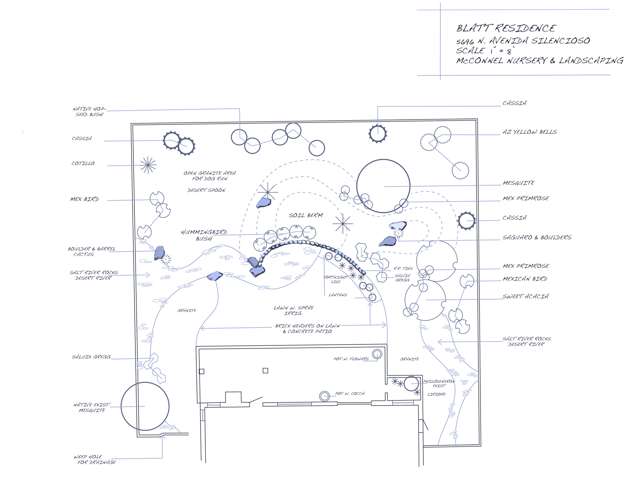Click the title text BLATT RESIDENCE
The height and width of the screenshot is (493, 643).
[506, 28]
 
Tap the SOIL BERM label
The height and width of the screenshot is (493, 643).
[306, 215]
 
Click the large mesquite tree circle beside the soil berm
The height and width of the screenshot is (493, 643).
[383, 186]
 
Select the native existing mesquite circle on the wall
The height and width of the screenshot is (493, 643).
[145, 406]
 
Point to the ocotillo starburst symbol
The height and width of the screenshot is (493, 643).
[148, 165]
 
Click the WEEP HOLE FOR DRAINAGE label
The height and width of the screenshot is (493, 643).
[95, 459]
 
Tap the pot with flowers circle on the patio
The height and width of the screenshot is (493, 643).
[377, 354]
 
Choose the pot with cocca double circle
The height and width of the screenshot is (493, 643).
[324, 396]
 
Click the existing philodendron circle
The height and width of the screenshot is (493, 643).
[411, 384]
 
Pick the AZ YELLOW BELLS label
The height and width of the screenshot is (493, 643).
[530, 132]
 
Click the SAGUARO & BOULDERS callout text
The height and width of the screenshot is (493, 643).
[537, 237]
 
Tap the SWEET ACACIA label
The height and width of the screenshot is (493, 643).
[526, 296]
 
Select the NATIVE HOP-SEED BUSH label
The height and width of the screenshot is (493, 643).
[89, 112]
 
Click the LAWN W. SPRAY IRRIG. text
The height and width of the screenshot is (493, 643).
[293, 310]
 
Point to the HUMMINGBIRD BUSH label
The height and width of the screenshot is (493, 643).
[204, 235]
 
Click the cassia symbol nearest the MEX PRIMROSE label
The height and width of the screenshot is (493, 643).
[466, 221]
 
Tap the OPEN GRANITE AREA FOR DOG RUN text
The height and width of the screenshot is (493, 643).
[210, 176]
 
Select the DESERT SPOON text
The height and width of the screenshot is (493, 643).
[206, 190]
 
